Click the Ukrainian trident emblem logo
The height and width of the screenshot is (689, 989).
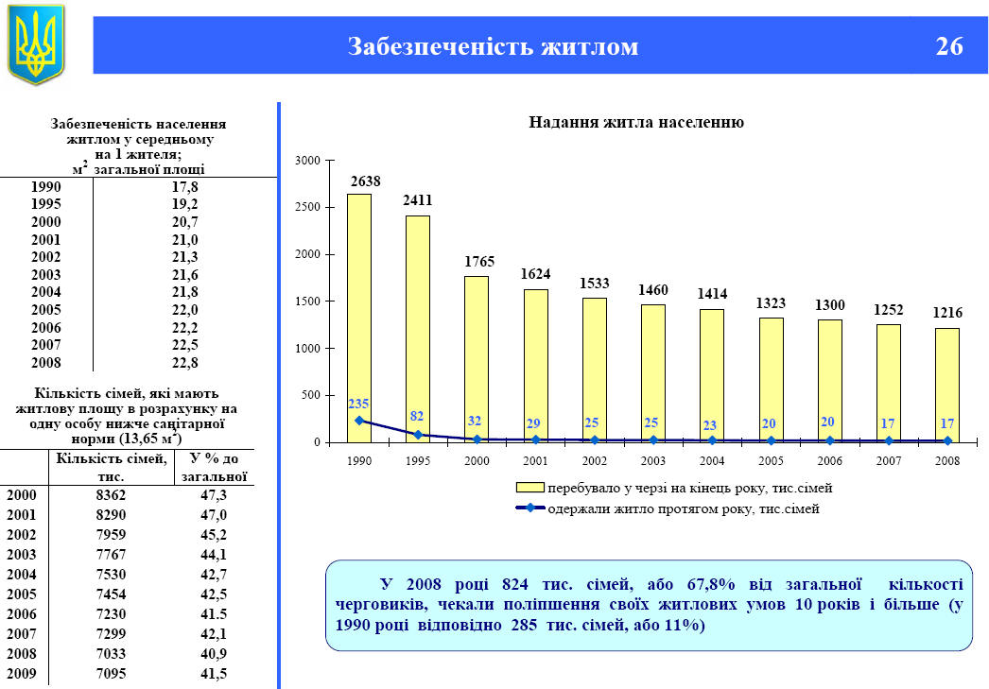[37, 43]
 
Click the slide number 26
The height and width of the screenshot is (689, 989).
[949, 45]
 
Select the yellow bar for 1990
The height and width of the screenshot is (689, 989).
[359, 318]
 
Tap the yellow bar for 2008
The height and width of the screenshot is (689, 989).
[946, 385]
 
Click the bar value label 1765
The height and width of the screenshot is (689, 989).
[477, 261]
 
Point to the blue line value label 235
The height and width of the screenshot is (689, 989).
[358, 403]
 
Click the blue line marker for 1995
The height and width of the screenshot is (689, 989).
[418, 435]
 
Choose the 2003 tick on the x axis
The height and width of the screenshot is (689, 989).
[652, 461]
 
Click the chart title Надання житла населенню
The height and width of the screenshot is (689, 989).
[636, 123]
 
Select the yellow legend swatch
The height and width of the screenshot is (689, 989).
[529, 488]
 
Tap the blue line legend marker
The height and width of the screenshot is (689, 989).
[529, 508]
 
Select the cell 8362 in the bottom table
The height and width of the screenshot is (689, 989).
[111, 494]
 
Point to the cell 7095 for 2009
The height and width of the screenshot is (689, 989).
[111, 674]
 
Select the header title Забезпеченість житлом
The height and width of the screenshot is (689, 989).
[493, 45]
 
